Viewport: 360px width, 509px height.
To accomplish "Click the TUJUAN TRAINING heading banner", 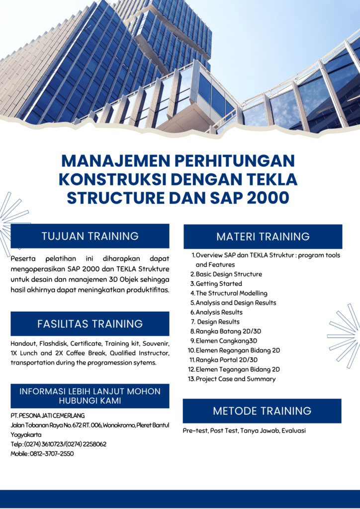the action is tap(90, 236).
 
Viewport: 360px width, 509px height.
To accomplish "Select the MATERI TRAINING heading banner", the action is tap(263, 237).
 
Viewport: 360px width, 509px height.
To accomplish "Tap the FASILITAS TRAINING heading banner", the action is tap(90, 324).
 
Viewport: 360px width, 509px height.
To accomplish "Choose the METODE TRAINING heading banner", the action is tap(262, 411).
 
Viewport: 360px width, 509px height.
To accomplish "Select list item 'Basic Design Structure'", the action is tap(229, 274).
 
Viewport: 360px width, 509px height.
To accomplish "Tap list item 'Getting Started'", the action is tap(219, 284).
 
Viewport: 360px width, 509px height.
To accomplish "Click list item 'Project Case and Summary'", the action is tap(236, 379).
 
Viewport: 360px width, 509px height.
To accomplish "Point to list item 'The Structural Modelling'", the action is tap(231, 293).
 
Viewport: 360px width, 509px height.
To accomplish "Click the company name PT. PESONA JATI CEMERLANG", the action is tap(48, 416).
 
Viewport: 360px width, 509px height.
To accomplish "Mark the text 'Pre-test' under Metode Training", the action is tap(195, 431).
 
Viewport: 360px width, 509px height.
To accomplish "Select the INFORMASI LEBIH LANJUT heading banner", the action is tap(90, 396).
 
